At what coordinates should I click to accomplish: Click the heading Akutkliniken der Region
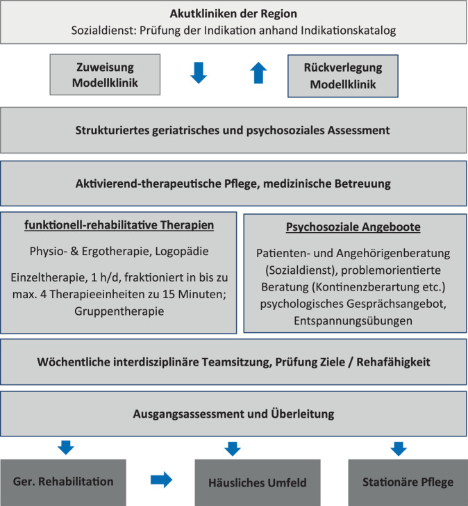click(x=233, y=13)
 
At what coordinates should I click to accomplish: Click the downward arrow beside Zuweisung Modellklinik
click(x=199, y=72)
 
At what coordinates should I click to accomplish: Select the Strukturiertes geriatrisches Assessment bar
click(x=233, y=129)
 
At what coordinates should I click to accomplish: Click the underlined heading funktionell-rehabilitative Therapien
click(x=118, y=226)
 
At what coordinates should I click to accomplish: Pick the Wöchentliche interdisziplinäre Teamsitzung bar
click(x=233, y=361)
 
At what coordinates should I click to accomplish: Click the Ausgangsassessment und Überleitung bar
click(x=233, y=414)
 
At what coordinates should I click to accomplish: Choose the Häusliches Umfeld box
click(x=257, y=482)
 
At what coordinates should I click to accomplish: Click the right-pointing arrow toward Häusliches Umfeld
click(x=161, y=480)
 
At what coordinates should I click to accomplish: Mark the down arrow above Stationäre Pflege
click(x=399, y=448)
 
